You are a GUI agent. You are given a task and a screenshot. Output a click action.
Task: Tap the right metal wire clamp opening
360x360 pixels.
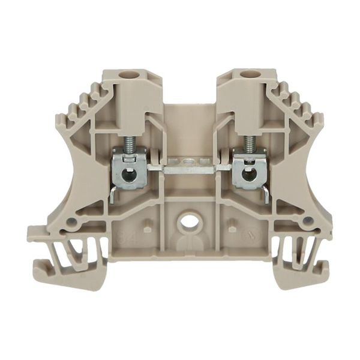click(245, 176)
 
